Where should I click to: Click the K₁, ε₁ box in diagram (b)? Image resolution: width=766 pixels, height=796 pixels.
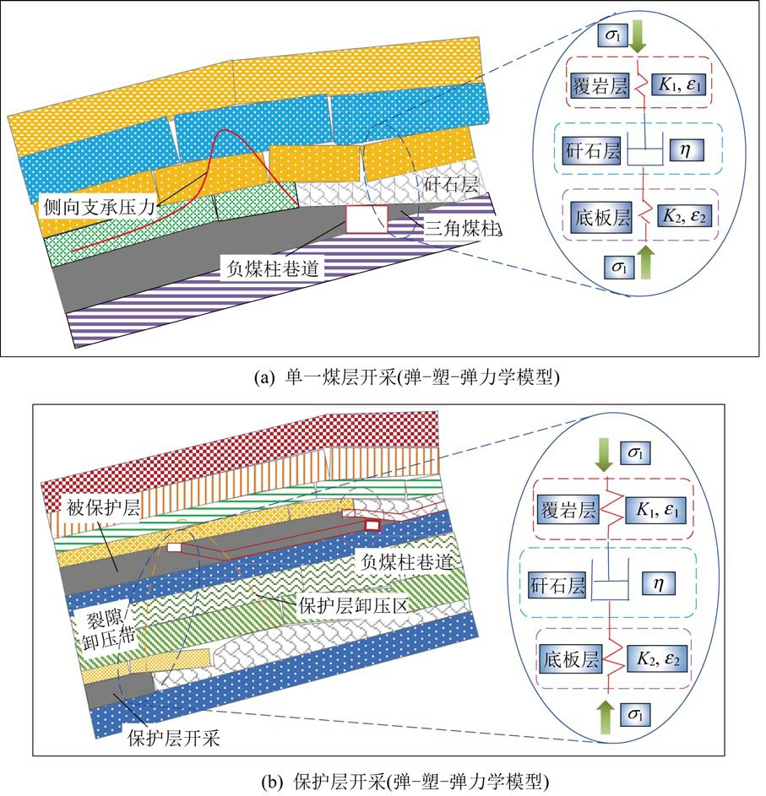tap(655, 511)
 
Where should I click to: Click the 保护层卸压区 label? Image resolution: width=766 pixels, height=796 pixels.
tap(336, 604)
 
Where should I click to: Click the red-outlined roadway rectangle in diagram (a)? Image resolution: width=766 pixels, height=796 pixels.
tap(367, 218)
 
